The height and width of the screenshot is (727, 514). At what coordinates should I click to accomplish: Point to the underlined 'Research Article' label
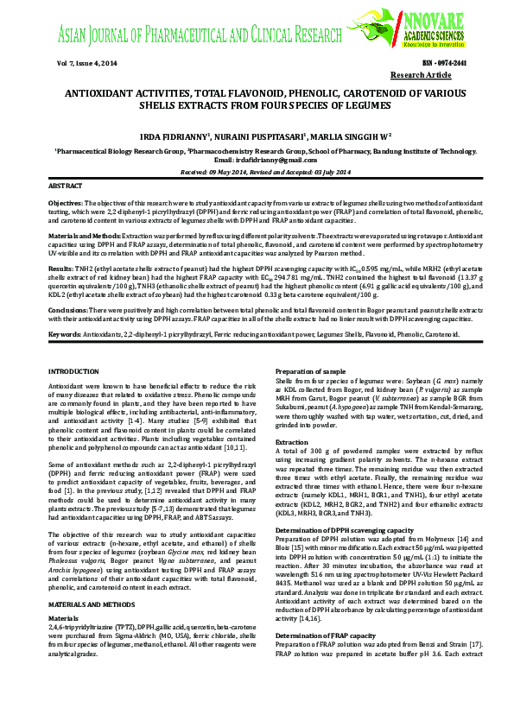click(440, 76)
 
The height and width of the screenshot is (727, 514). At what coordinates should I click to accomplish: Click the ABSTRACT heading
click(66, 186)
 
